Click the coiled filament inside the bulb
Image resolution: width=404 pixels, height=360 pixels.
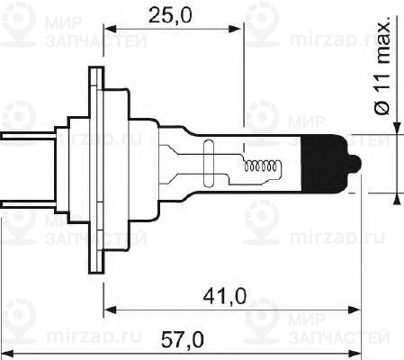coord(263,165)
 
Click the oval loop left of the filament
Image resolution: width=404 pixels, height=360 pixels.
coord(211,164)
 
